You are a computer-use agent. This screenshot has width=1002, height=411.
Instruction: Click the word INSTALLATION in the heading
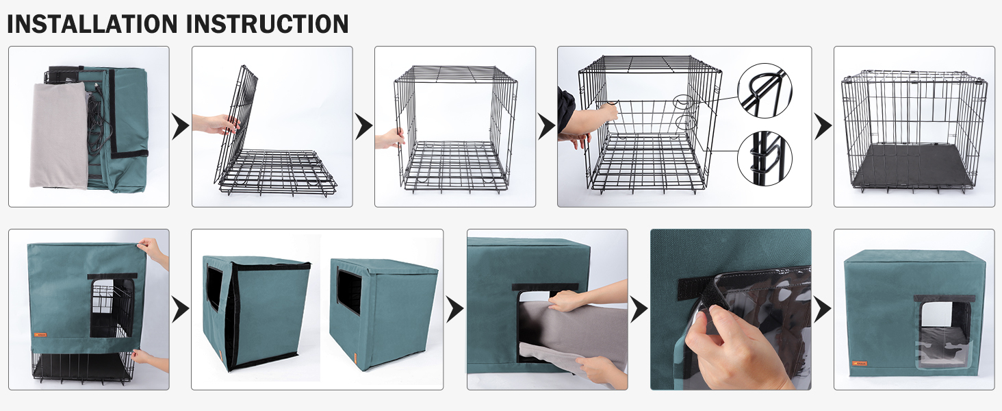pos(92,24)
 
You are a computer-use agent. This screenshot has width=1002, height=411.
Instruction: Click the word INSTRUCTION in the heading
pos(268,24)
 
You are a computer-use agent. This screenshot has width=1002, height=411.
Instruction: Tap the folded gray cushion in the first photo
pos(58,135)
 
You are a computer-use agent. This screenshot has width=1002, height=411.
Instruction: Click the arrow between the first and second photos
pos(180,127)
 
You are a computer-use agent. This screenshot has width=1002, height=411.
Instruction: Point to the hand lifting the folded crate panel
pos(216,124)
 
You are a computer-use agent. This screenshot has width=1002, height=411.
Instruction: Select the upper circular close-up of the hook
pos(765,90)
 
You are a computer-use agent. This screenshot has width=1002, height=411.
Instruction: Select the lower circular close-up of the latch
pos(765,158)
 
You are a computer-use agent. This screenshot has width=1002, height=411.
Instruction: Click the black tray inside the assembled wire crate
pos(912,166)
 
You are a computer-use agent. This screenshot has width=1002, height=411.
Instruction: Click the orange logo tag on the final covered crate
pos(858,363)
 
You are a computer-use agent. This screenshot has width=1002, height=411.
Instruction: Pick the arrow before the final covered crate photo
pos(822,310)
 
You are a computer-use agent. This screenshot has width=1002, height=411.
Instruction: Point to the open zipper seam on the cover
pos(231,314)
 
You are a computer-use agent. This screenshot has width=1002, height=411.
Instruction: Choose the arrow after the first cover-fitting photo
pos(180,310)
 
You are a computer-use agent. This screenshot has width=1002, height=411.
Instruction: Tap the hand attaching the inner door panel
pos(591,120)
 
